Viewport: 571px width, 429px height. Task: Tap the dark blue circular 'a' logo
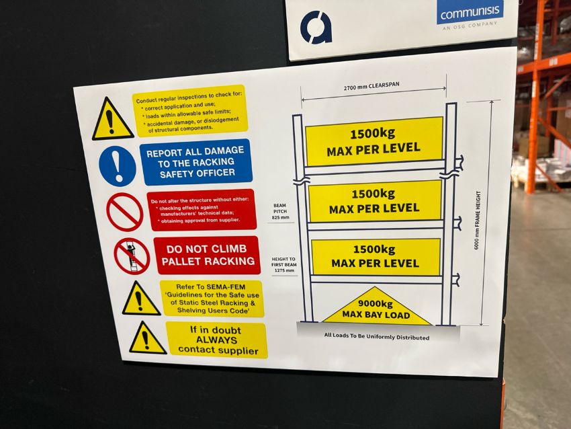(316, 28)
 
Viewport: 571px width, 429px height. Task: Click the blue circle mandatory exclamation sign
(118, 166)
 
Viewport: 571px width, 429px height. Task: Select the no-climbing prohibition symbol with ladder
(132, 256)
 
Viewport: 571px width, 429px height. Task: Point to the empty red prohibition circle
(124, 212)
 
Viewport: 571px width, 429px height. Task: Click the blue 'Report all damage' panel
(196, 161)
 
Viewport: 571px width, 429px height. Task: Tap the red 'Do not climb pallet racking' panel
(207, 255)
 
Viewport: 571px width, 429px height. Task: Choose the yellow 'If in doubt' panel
(217, 340)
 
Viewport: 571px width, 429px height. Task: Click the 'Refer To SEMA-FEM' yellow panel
(212, 299)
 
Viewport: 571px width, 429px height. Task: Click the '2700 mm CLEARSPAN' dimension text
(371, 86)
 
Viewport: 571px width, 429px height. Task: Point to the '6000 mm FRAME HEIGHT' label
(478, 220)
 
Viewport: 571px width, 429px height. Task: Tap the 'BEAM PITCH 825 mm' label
(280, 211)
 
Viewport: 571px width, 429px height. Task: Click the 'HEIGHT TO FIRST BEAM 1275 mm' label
(283, 265)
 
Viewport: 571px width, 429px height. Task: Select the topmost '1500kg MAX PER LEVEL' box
(374, 141)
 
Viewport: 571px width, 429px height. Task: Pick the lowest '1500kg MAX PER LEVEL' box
(376, 257)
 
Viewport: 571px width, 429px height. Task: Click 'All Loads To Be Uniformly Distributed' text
(377, 336)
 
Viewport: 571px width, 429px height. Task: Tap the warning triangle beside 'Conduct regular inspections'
(112, 119)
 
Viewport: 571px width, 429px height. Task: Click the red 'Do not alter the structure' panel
(202, 210)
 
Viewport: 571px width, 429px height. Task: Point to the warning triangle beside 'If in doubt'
(146, 339)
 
